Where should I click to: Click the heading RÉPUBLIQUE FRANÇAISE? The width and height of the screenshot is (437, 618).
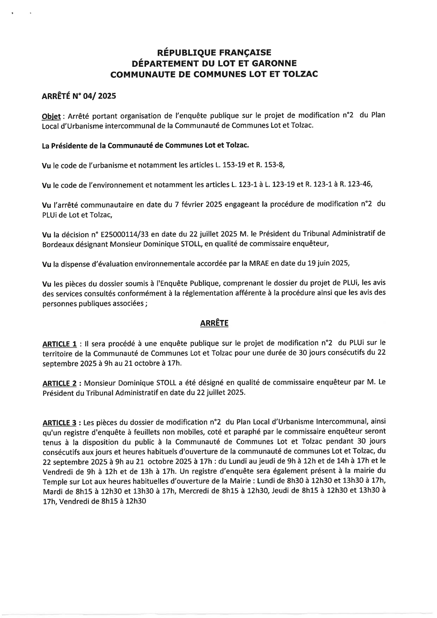click(215, 52)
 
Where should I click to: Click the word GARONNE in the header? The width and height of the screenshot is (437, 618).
click(268, 63)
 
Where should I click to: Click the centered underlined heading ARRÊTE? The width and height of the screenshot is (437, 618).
click(214, 323)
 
